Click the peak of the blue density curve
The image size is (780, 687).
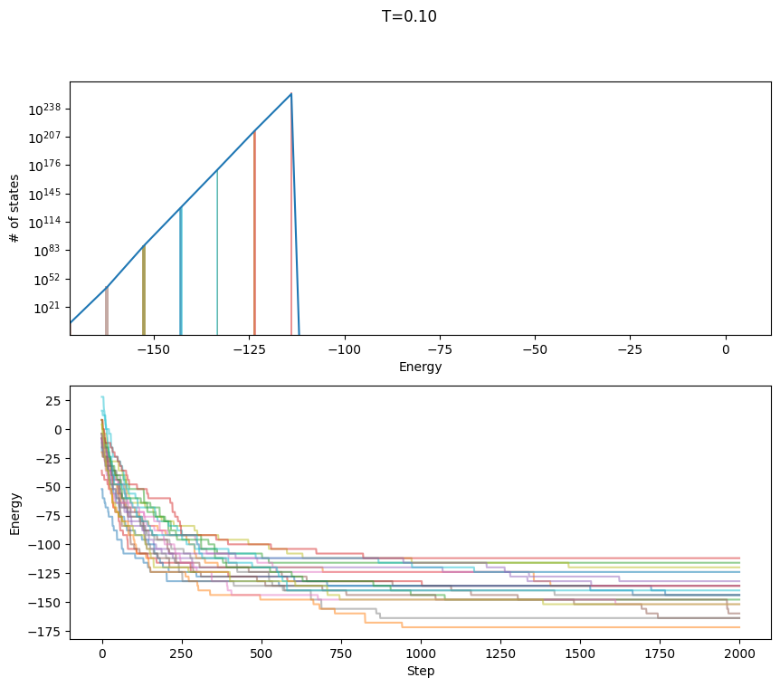click(x=290, y=94)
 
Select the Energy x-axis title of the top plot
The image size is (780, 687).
click(x=420, y=367)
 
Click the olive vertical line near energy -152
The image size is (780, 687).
click(x=144, y=290)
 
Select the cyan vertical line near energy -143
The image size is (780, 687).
click(x=180, y=272)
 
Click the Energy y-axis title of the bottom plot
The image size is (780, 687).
click(x=15, y=513)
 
